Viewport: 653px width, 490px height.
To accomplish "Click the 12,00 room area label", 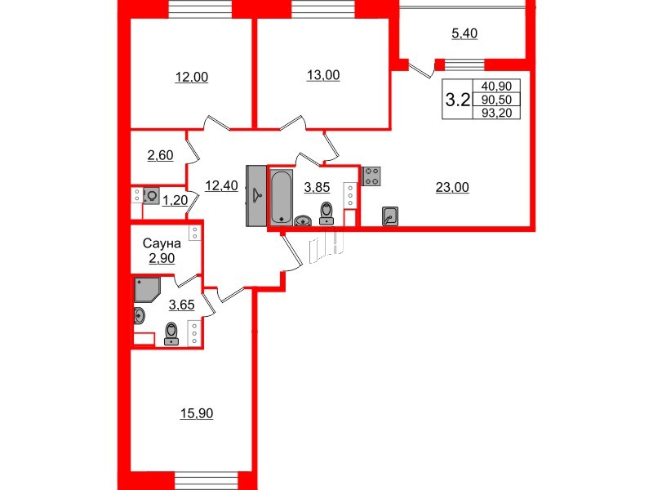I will pyautogui.click(x=192, y=78).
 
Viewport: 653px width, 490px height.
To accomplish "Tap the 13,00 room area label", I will pyautogui.click(x=323, y=76).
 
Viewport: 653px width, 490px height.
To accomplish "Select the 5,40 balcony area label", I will pyautogui.click(x=464, y=33).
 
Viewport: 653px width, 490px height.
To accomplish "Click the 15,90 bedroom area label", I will pyautogui.click(x=196, y=414).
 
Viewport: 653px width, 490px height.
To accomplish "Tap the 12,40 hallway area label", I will pyautogui.click(x=221, y=185).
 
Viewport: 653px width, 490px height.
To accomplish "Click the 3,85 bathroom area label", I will pyautogui.click(x=317, y=187).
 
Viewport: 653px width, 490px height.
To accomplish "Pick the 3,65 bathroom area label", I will pyautogui.click(x=180, y=305).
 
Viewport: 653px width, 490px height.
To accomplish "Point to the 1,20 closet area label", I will pyautogui.click(x=174, y=200).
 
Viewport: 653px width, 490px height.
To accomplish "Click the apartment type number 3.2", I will pyautogui.click(x=456, y=100).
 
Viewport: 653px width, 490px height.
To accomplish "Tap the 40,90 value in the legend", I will pyautogui.click(x=497, y=87).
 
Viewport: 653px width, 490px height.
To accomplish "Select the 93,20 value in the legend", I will pyautogui.click(x=497, y=113).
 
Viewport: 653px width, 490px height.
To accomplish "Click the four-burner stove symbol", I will pyautogui.click(x=371, y=176).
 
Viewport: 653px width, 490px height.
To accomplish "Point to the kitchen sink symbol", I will pyautogui.click(x=390, y=216).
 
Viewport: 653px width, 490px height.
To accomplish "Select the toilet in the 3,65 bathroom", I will pyautogui.click(x=171, y=333).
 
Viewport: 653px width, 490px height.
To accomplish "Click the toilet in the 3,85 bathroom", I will pyautogui.click(x=327, y=212).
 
